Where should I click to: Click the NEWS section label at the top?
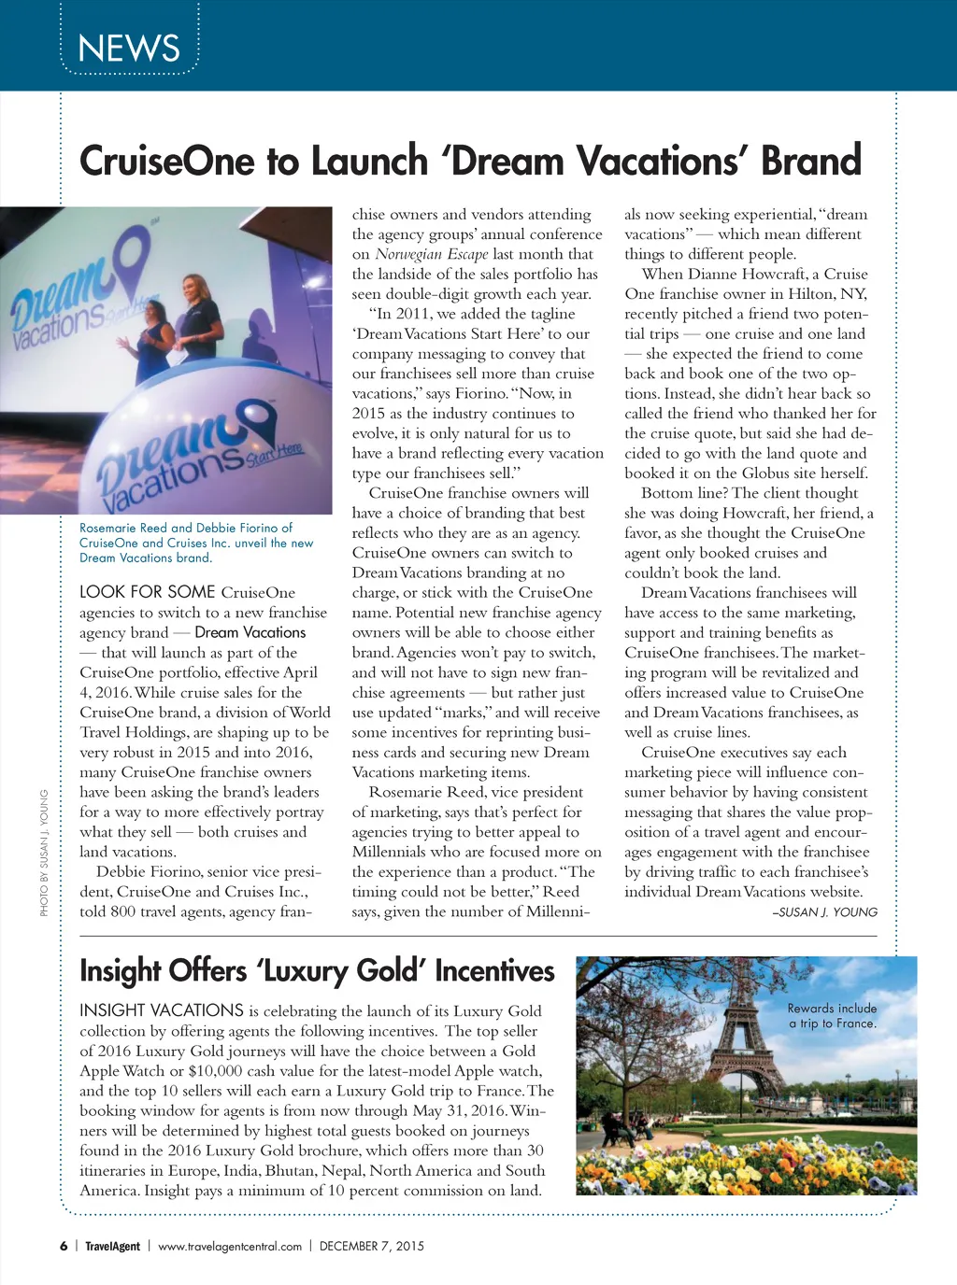click(x=129, y=48)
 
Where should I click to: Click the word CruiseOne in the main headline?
click(x=166, y=161)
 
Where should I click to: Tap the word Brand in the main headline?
click(x=810, y=161)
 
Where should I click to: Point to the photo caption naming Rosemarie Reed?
click(x=196, y=543)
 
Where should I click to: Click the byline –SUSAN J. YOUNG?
click(x=824, y=912)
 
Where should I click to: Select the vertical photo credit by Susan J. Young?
click(x=44, y=853)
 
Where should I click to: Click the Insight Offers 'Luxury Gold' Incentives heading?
click(x=317, y=971)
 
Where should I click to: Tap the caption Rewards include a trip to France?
click(x=832, y=1016)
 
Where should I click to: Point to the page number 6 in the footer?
click(x=64, y=1246)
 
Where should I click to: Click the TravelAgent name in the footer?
click(x=112, y=1246)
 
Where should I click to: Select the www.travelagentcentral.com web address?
click(x=230, y=1246)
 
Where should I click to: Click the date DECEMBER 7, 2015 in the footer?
click(x=371, y=1246)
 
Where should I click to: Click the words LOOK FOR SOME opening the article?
click(x=148, y=592)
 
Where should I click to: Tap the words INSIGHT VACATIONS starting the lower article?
click(x=162, y=1010)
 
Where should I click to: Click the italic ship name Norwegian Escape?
click(x=432, y=254)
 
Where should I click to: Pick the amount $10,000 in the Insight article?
click(x=216, y=1071)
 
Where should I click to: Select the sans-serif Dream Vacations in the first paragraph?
click(x=250, y=632)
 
